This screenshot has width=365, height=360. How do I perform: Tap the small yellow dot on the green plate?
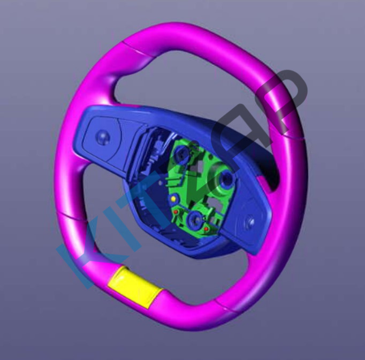coord(173,198)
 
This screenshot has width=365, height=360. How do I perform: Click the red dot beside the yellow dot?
coord(176,211)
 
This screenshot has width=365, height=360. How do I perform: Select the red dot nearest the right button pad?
coord(206,229)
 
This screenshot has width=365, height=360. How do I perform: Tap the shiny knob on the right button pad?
coord(250,221)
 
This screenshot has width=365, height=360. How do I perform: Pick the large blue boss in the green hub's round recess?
coord(225,179)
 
